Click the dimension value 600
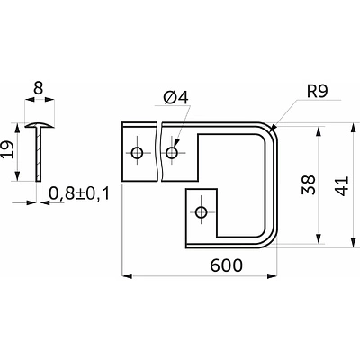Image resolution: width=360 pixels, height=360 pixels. (226, 265)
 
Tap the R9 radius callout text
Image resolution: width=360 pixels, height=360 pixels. (318, 92)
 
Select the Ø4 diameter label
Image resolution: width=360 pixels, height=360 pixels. (176, 97)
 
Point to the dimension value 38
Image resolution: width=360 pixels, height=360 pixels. (309, 184)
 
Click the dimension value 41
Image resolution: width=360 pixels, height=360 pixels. (342, 186)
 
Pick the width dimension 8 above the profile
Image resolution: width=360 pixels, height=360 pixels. (39, 88)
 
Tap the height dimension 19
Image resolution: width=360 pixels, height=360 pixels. (7, 150)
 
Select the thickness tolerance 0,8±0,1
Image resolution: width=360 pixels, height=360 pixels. (79, 193)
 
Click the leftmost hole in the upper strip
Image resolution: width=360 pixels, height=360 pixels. (138, 153)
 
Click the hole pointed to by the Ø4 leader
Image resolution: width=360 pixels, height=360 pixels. (172, 153)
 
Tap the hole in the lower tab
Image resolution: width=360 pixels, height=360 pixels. (201, 212)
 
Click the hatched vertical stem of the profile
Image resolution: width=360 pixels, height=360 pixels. (39, 154)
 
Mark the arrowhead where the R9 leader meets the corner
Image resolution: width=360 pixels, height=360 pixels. (273, 129)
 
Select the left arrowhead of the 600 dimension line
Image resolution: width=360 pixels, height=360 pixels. (127, 276)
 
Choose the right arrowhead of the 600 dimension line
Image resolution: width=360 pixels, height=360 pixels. (272, 276)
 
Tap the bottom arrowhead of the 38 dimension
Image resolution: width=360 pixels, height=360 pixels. (319, 238)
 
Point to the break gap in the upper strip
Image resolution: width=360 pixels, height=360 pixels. (159, 151)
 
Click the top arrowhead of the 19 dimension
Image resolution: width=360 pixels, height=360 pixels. (17, 128)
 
